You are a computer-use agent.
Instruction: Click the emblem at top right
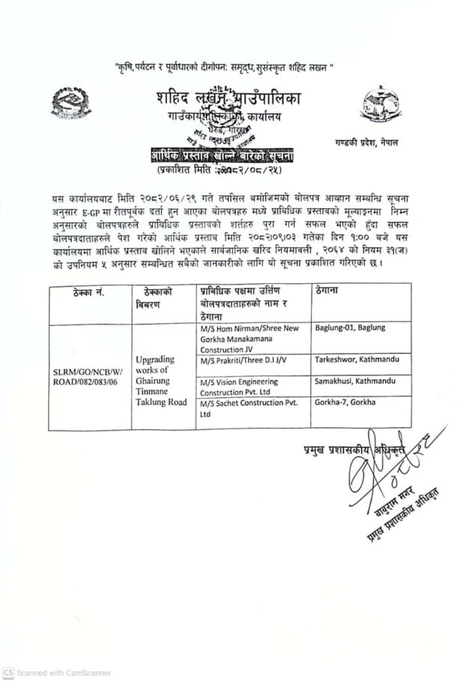[381, 106]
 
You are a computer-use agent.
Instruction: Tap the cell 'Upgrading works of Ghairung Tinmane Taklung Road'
[161, 380]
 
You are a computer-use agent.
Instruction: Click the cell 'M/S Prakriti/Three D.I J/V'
[244, 362]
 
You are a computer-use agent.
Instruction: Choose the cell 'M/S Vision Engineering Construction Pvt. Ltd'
[245, 387]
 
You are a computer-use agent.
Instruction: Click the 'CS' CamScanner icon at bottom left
[8, 673]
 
